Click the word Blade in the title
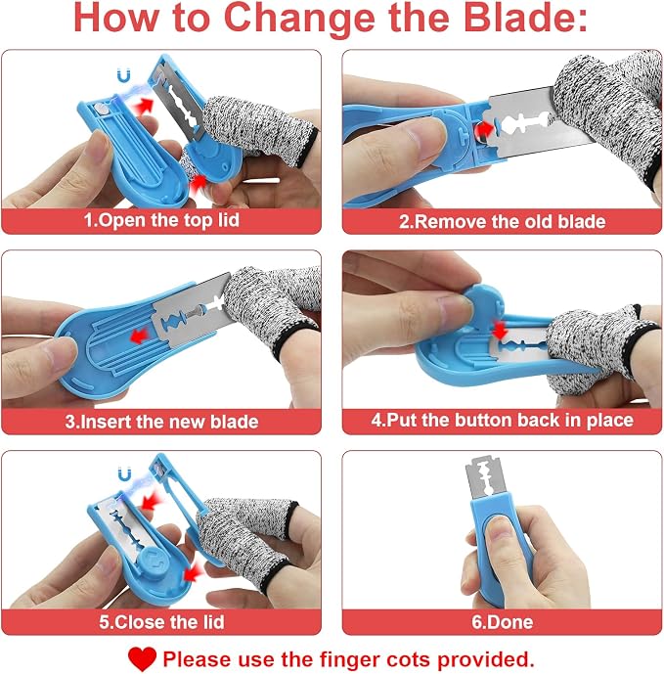click(525, 18)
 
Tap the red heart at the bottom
click(142, 658)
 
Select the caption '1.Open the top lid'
click(161, 220)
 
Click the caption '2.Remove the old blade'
click(502, 221)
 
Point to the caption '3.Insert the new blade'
click(161, 422)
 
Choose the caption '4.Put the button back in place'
click(502, 420)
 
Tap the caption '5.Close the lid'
click(161, 621)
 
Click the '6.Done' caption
click(502, 621)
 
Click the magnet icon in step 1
click(124, 76)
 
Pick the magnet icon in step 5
click(124, 474)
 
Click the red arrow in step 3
click(139, 336)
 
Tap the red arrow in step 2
click(484, 128)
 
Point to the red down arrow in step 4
click(500, 330)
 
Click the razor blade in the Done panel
click(484, 478)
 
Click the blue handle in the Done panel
click(494, 550)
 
